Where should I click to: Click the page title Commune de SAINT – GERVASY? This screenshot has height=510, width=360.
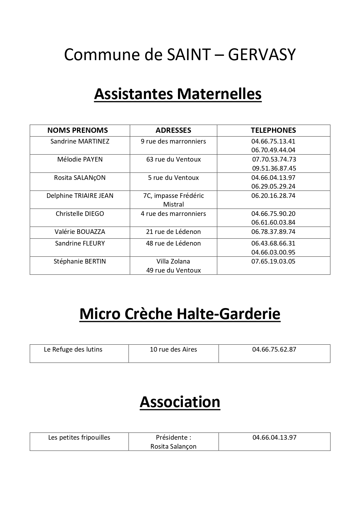point(180,55)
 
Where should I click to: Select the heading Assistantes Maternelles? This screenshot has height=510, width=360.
point(178,94)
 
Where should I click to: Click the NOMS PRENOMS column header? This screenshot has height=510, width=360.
point(78,130)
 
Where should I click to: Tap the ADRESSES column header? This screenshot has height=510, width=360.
point(173,130)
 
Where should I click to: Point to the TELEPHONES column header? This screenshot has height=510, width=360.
point(273,130)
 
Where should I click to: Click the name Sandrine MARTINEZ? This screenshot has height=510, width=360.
point(80,142)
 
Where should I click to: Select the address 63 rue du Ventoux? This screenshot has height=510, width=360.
point(173,160)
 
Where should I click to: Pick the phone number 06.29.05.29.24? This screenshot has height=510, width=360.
point(273,186)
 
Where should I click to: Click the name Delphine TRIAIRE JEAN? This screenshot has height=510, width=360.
point(80,196)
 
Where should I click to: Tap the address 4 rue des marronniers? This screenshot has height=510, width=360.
point(173,214)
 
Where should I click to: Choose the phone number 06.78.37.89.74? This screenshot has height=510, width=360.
point(273,232)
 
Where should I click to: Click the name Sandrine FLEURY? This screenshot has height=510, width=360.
point(80,244)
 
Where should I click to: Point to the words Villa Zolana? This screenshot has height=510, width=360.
point(173,262)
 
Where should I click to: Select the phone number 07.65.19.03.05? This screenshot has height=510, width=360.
point(273,262)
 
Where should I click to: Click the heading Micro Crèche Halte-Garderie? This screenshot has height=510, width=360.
point(180,314)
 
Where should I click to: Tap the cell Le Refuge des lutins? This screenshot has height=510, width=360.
point(73,350)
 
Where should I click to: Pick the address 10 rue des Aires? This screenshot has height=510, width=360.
point(173,350)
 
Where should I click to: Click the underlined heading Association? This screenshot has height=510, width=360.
point(180,402)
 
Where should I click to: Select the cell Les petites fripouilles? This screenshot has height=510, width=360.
point(79,438)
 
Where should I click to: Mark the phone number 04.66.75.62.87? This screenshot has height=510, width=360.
point(274,350)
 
